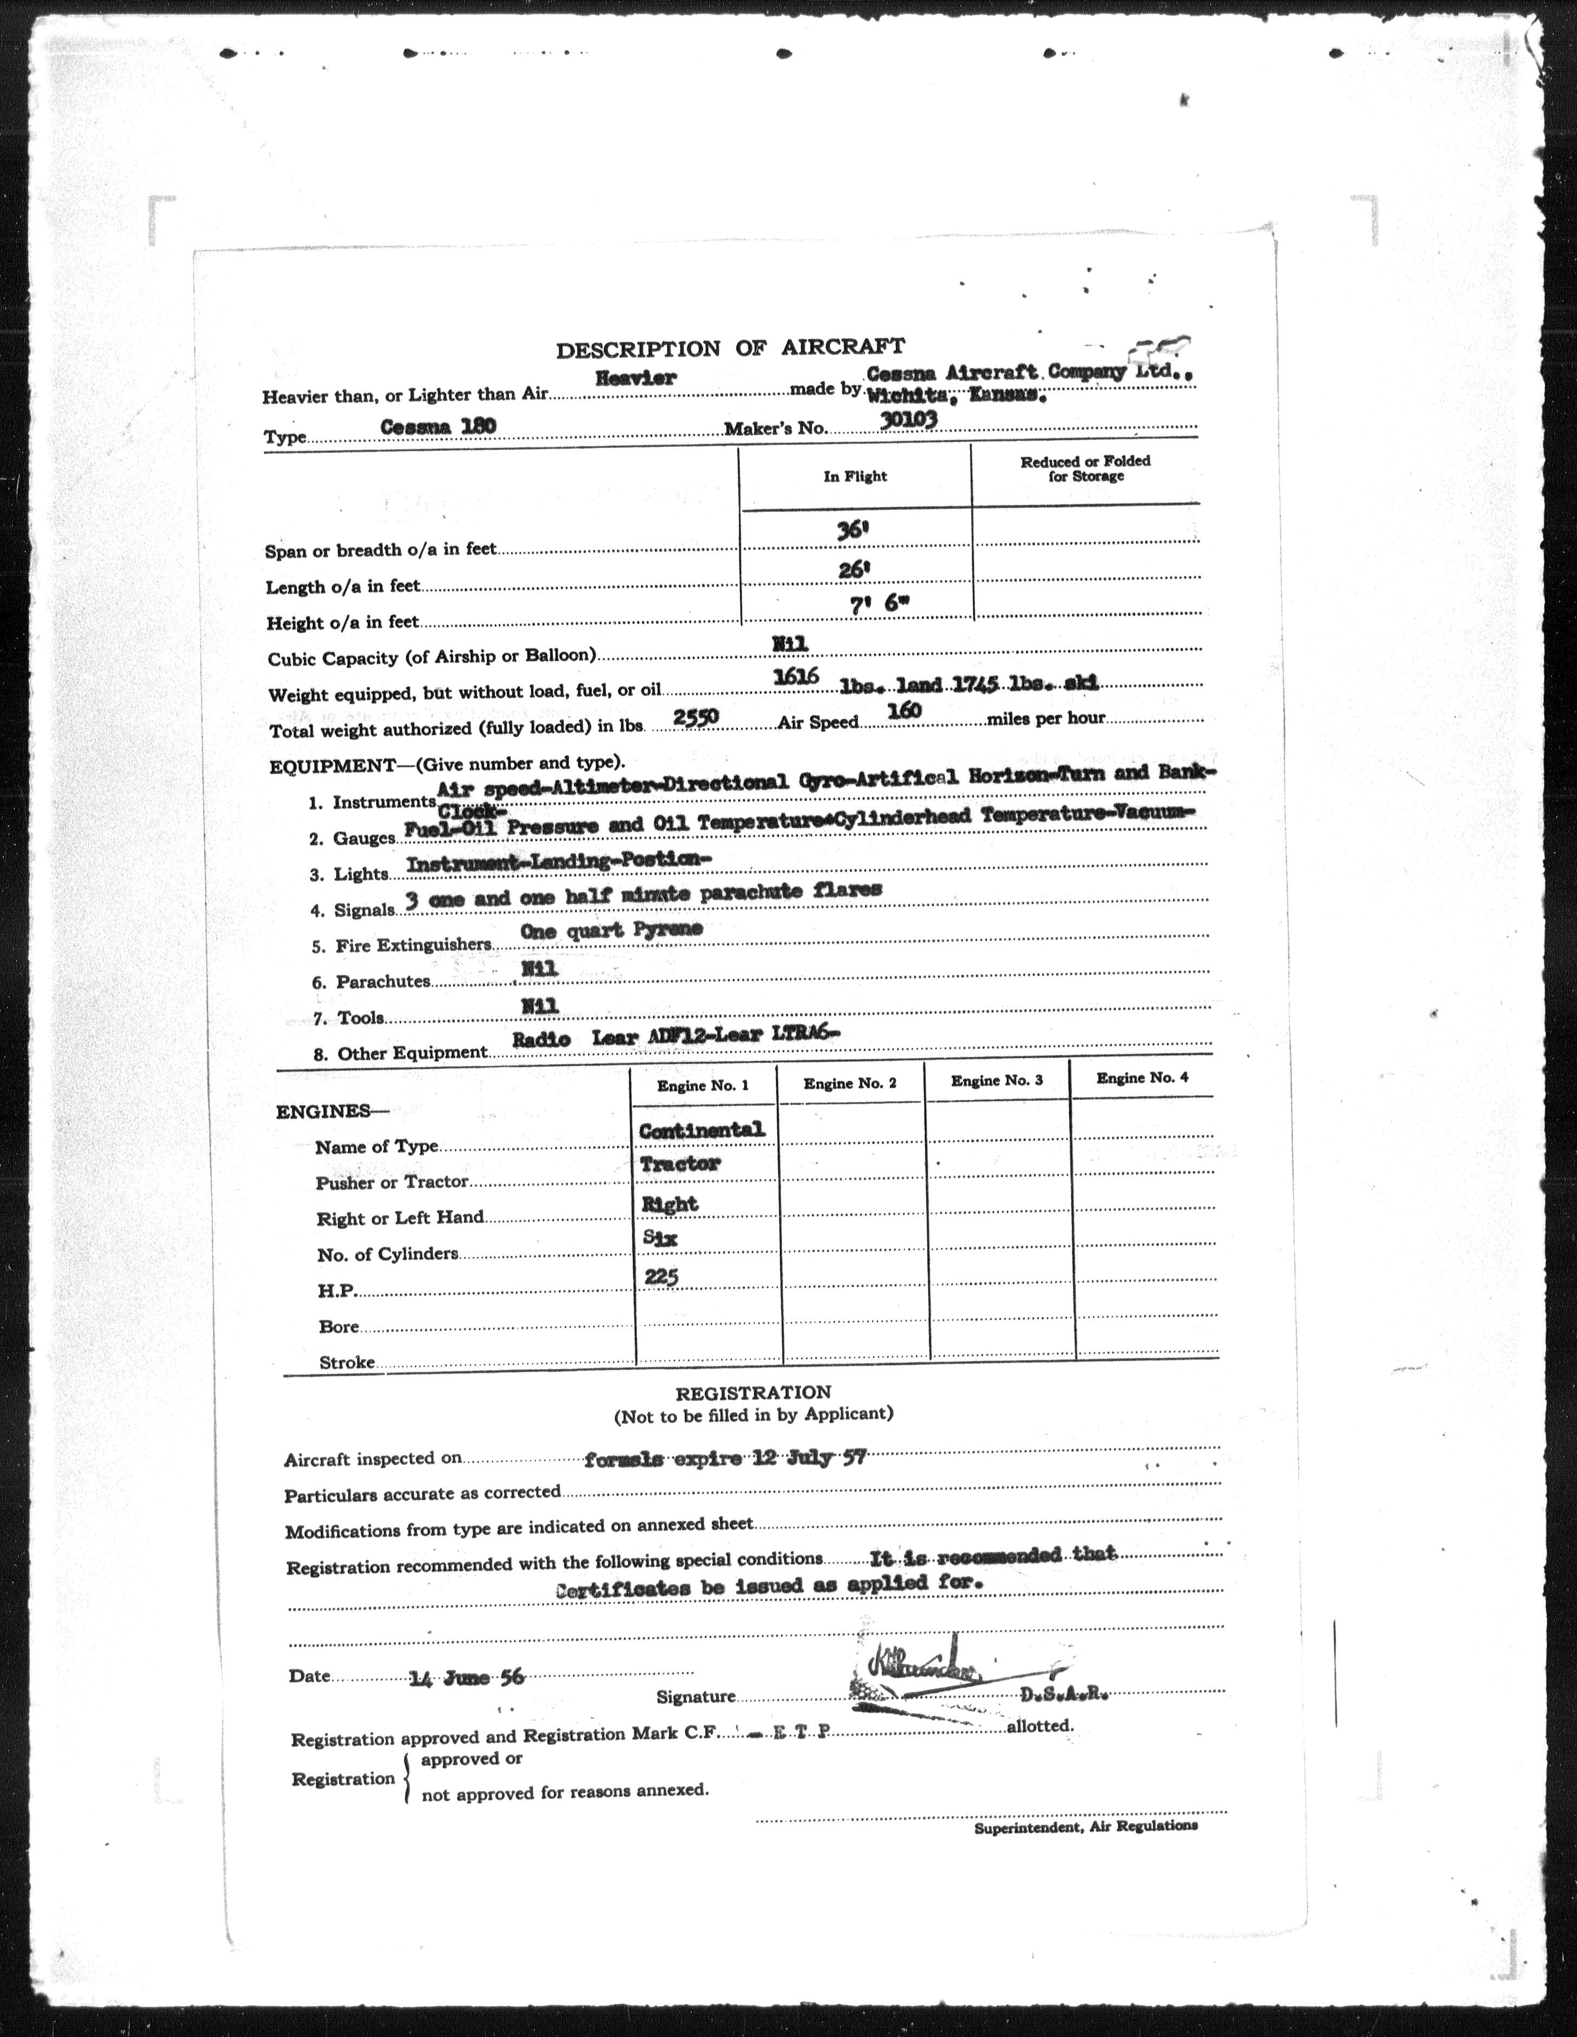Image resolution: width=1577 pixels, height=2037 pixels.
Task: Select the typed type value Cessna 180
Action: click(438, 426)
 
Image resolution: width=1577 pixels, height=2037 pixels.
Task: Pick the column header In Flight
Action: click(854, 477)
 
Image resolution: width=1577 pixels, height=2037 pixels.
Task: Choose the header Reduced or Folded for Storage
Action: click(1085, 468)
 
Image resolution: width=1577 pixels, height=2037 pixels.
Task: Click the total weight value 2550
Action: click(695, 716)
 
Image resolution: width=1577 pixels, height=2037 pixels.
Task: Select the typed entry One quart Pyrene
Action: click(611, 930)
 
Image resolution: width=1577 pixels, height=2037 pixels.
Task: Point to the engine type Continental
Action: click(701, 1130)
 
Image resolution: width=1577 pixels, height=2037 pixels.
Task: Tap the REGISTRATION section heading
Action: click(753, 1392)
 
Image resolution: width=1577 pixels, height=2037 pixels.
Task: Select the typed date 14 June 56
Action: click(466, 1676)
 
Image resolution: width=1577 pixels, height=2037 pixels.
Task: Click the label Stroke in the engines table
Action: click(347, 1362)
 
